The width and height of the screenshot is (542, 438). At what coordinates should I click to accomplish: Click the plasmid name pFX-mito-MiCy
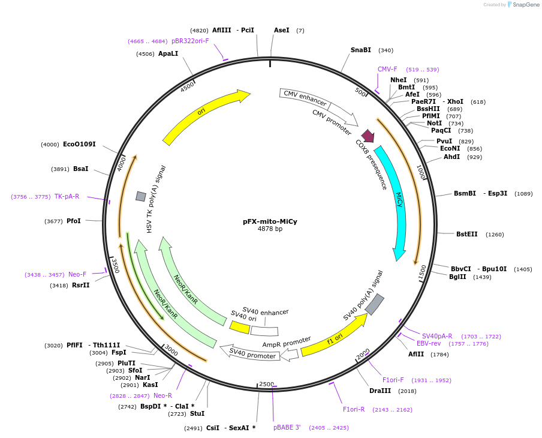pyautogui.click(x=270, y=221)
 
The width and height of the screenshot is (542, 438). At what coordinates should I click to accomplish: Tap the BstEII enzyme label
pyautogui.click(x=467, y=234)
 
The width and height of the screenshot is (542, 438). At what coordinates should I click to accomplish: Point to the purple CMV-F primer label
pyautogui.click(x=387, y=69)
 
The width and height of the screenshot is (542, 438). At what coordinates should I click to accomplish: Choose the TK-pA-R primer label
pyautogui.click(x=67, y=196)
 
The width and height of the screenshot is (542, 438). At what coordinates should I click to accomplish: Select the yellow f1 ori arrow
pyautogui.click(x=333, y=336)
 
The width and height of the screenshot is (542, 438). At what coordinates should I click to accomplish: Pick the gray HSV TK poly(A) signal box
pyautogui.click(x=141, y=196)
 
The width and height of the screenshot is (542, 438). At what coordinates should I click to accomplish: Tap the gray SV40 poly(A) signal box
pyautogui.click(x=375, y=304)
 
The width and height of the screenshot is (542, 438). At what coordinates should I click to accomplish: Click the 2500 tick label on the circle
pyautogui.click(x=266, y=384)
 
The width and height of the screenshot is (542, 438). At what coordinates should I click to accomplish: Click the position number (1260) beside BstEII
pyautogui.click(x=495, y=235)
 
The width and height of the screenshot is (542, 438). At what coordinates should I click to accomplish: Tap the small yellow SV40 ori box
pyautogui.click(x=240, y=327)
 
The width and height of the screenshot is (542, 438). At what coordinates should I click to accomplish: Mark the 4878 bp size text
pyautogui.click(x=270, y=229)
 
